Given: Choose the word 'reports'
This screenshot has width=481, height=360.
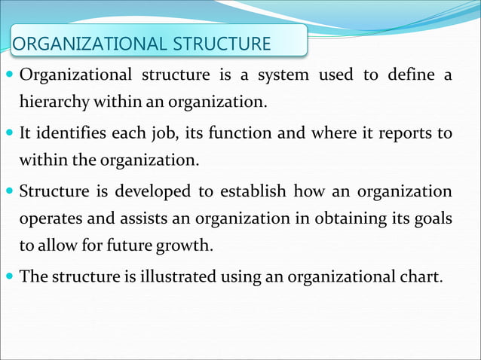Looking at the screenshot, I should (405, 134).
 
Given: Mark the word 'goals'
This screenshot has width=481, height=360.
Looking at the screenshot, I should (430, 219).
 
